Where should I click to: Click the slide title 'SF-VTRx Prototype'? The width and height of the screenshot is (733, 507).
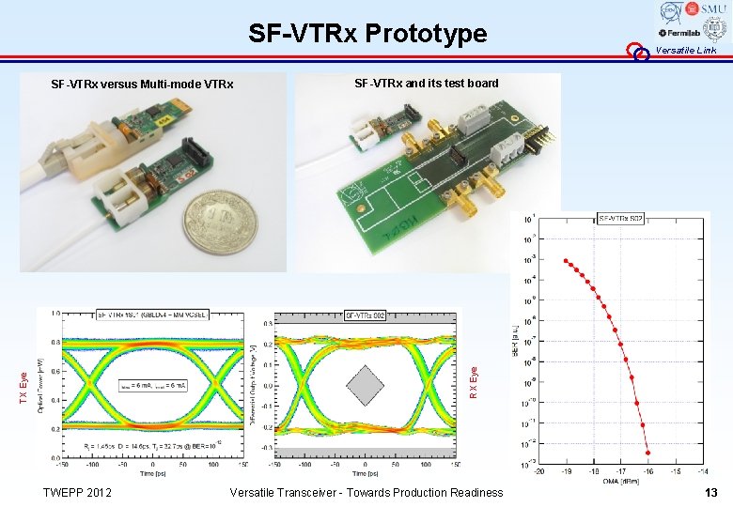coord(367,34)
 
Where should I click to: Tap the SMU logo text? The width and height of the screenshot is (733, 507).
coord(711,8)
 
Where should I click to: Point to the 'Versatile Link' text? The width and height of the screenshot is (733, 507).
coord(686,50)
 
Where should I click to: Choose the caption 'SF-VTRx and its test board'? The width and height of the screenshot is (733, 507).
coord(426,84)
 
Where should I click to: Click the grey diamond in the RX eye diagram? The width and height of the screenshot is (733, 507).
coord(365,386)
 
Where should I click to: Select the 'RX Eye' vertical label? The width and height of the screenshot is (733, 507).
coord(474,384)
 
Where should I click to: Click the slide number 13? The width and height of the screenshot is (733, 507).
coord(711,493)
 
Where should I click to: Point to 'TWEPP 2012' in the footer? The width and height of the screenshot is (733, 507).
coord(77,493)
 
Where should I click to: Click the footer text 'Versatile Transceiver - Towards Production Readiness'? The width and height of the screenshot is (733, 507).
coord(366,493)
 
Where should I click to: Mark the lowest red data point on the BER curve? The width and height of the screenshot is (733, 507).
coord(647,453)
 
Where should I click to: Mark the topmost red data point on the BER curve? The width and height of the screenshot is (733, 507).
coord(565,261)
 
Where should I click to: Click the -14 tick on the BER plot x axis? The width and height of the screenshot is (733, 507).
coord(702,471)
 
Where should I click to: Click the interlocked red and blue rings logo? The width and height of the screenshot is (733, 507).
coord(639,52)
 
